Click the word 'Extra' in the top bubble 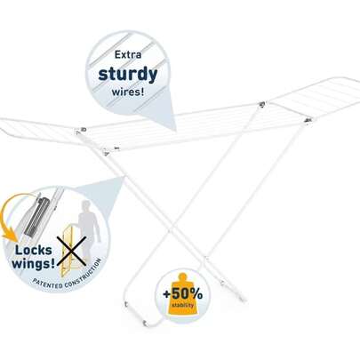(128, 55)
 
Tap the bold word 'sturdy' (128, 74)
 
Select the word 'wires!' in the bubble (128, 92)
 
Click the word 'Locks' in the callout (34, 250)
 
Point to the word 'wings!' (33, 263)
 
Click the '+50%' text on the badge (183, 294)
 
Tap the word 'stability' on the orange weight (183, 305)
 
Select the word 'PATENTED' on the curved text (47, 284)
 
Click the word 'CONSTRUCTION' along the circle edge (84, 274)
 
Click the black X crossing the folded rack (71, 251)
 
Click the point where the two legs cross (172, 230)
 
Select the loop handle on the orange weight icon (183, 277)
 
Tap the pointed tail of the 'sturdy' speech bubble (175, 130)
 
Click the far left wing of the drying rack (38, 131)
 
